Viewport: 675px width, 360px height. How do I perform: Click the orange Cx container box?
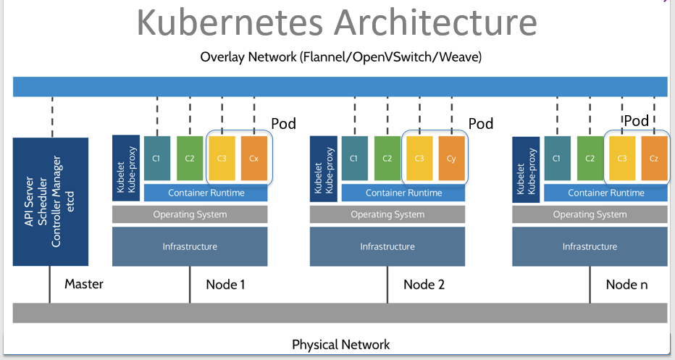coord(253,157)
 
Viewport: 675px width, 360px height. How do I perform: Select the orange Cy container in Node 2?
coord(452,157)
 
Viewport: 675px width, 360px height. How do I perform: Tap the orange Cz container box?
coord(654,157)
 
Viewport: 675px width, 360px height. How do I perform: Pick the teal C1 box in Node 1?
coord(157,157)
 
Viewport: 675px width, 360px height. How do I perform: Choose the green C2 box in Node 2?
coord(387,157)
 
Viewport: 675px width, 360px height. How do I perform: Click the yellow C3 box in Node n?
coord(621,157)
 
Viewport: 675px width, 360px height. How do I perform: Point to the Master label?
coord(83,284)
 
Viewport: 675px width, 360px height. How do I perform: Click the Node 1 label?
coord(225,285)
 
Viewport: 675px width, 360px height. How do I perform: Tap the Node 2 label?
coord(424,285)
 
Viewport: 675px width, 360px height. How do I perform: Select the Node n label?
coord(626,285)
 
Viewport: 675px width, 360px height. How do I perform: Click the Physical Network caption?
coord(340,345)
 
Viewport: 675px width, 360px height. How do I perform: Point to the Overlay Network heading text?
coord(340,56)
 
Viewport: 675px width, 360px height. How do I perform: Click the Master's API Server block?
coord(50,201)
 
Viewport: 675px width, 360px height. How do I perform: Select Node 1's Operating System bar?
coord(190,214)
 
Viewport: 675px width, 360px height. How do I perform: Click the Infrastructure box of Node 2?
coord(387,246)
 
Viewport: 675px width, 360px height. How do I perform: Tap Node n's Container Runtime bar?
coord(605,193)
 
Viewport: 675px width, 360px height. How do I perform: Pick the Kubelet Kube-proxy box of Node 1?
coord(126,168)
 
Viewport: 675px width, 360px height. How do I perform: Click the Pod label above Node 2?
coord(480,124)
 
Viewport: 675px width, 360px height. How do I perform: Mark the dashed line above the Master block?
coord(51,117)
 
